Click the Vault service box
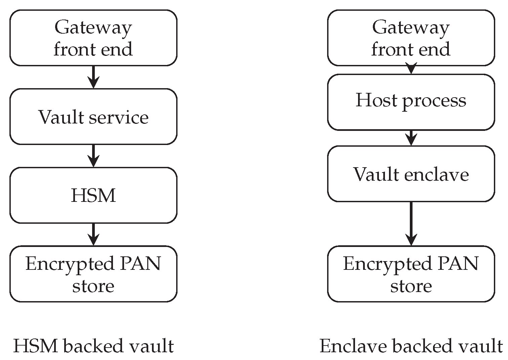(93, 117)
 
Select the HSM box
(93, 195)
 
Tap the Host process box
(411, 102)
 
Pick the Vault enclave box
(411, 174)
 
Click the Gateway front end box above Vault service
(93, 38)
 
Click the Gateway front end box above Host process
(411, 38)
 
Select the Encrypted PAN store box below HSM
(93, 274)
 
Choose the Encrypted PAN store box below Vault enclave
(411, 274)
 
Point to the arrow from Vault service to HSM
(93, 156)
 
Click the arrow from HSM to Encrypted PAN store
(93, 235)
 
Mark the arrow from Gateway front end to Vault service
(93, 77)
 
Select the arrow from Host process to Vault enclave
(411, 138)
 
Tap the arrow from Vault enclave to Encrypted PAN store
(411, 224)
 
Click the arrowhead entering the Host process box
(411, 70)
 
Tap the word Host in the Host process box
(376, 100)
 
